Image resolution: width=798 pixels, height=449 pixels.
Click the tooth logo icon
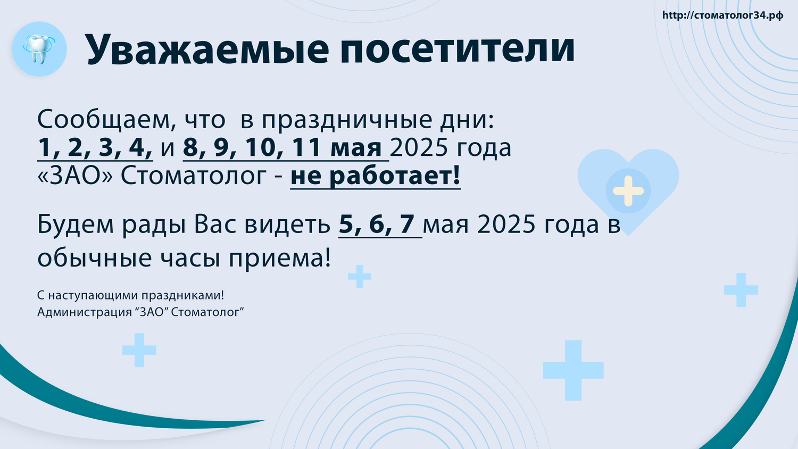coord(39,49)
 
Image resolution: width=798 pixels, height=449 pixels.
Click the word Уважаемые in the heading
coord(206,49)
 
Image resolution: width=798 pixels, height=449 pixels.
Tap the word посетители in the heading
coord(458,49)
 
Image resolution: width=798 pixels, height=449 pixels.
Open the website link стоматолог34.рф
coord(722,15)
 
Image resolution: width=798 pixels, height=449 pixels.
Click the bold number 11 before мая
coord(307,147)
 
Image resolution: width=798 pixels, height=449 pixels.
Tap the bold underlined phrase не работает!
coord(376,176)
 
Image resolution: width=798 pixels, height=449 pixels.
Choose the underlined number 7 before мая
coord(407,224)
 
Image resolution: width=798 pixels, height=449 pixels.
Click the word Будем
coord(75,224)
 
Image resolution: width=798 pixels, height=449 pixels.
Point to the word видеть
coord(287,224)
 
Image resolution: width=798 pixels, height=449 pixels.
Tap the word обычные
coord(94,257)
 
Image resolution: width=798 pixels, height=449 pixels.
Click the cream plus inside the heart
coord(628,191)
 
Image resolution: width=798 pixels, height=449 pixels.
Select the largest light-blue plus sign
coord(573,370)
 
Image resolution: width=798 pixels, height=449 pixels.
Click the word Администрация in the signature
coord(85,312)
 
